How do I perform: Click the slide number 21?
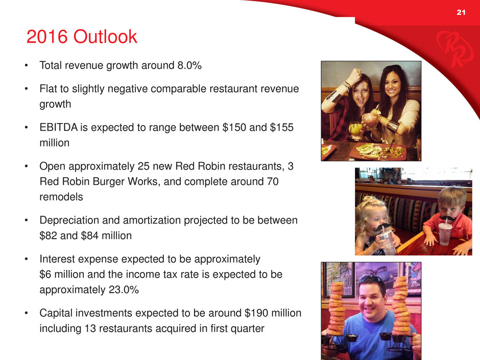pyautogui.click(x=461, y=12)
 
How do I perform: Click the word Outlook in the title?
pyautogui.click(x=105, y=37)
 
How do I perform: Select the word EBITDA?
pyautogui.click(x=59, y=127)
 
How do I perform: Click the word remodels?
pyautogui.click(x=61, y=197)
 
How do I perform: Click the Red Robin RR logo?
pyautogui.click(x=451, y=49)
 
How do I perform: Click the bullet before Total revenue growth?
pyautogui.click(x=27, y=65)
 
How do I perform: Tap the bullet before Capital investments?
pyautogui.click(x=27, y=313)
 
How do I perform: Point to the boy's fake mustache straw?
pyautogui.click(x=447, y=218)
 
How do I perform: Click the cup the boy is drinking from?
pyautogui.click(x=445, y=234)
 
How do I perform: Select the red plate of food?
pyautogui.click(x=378, y=151)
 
